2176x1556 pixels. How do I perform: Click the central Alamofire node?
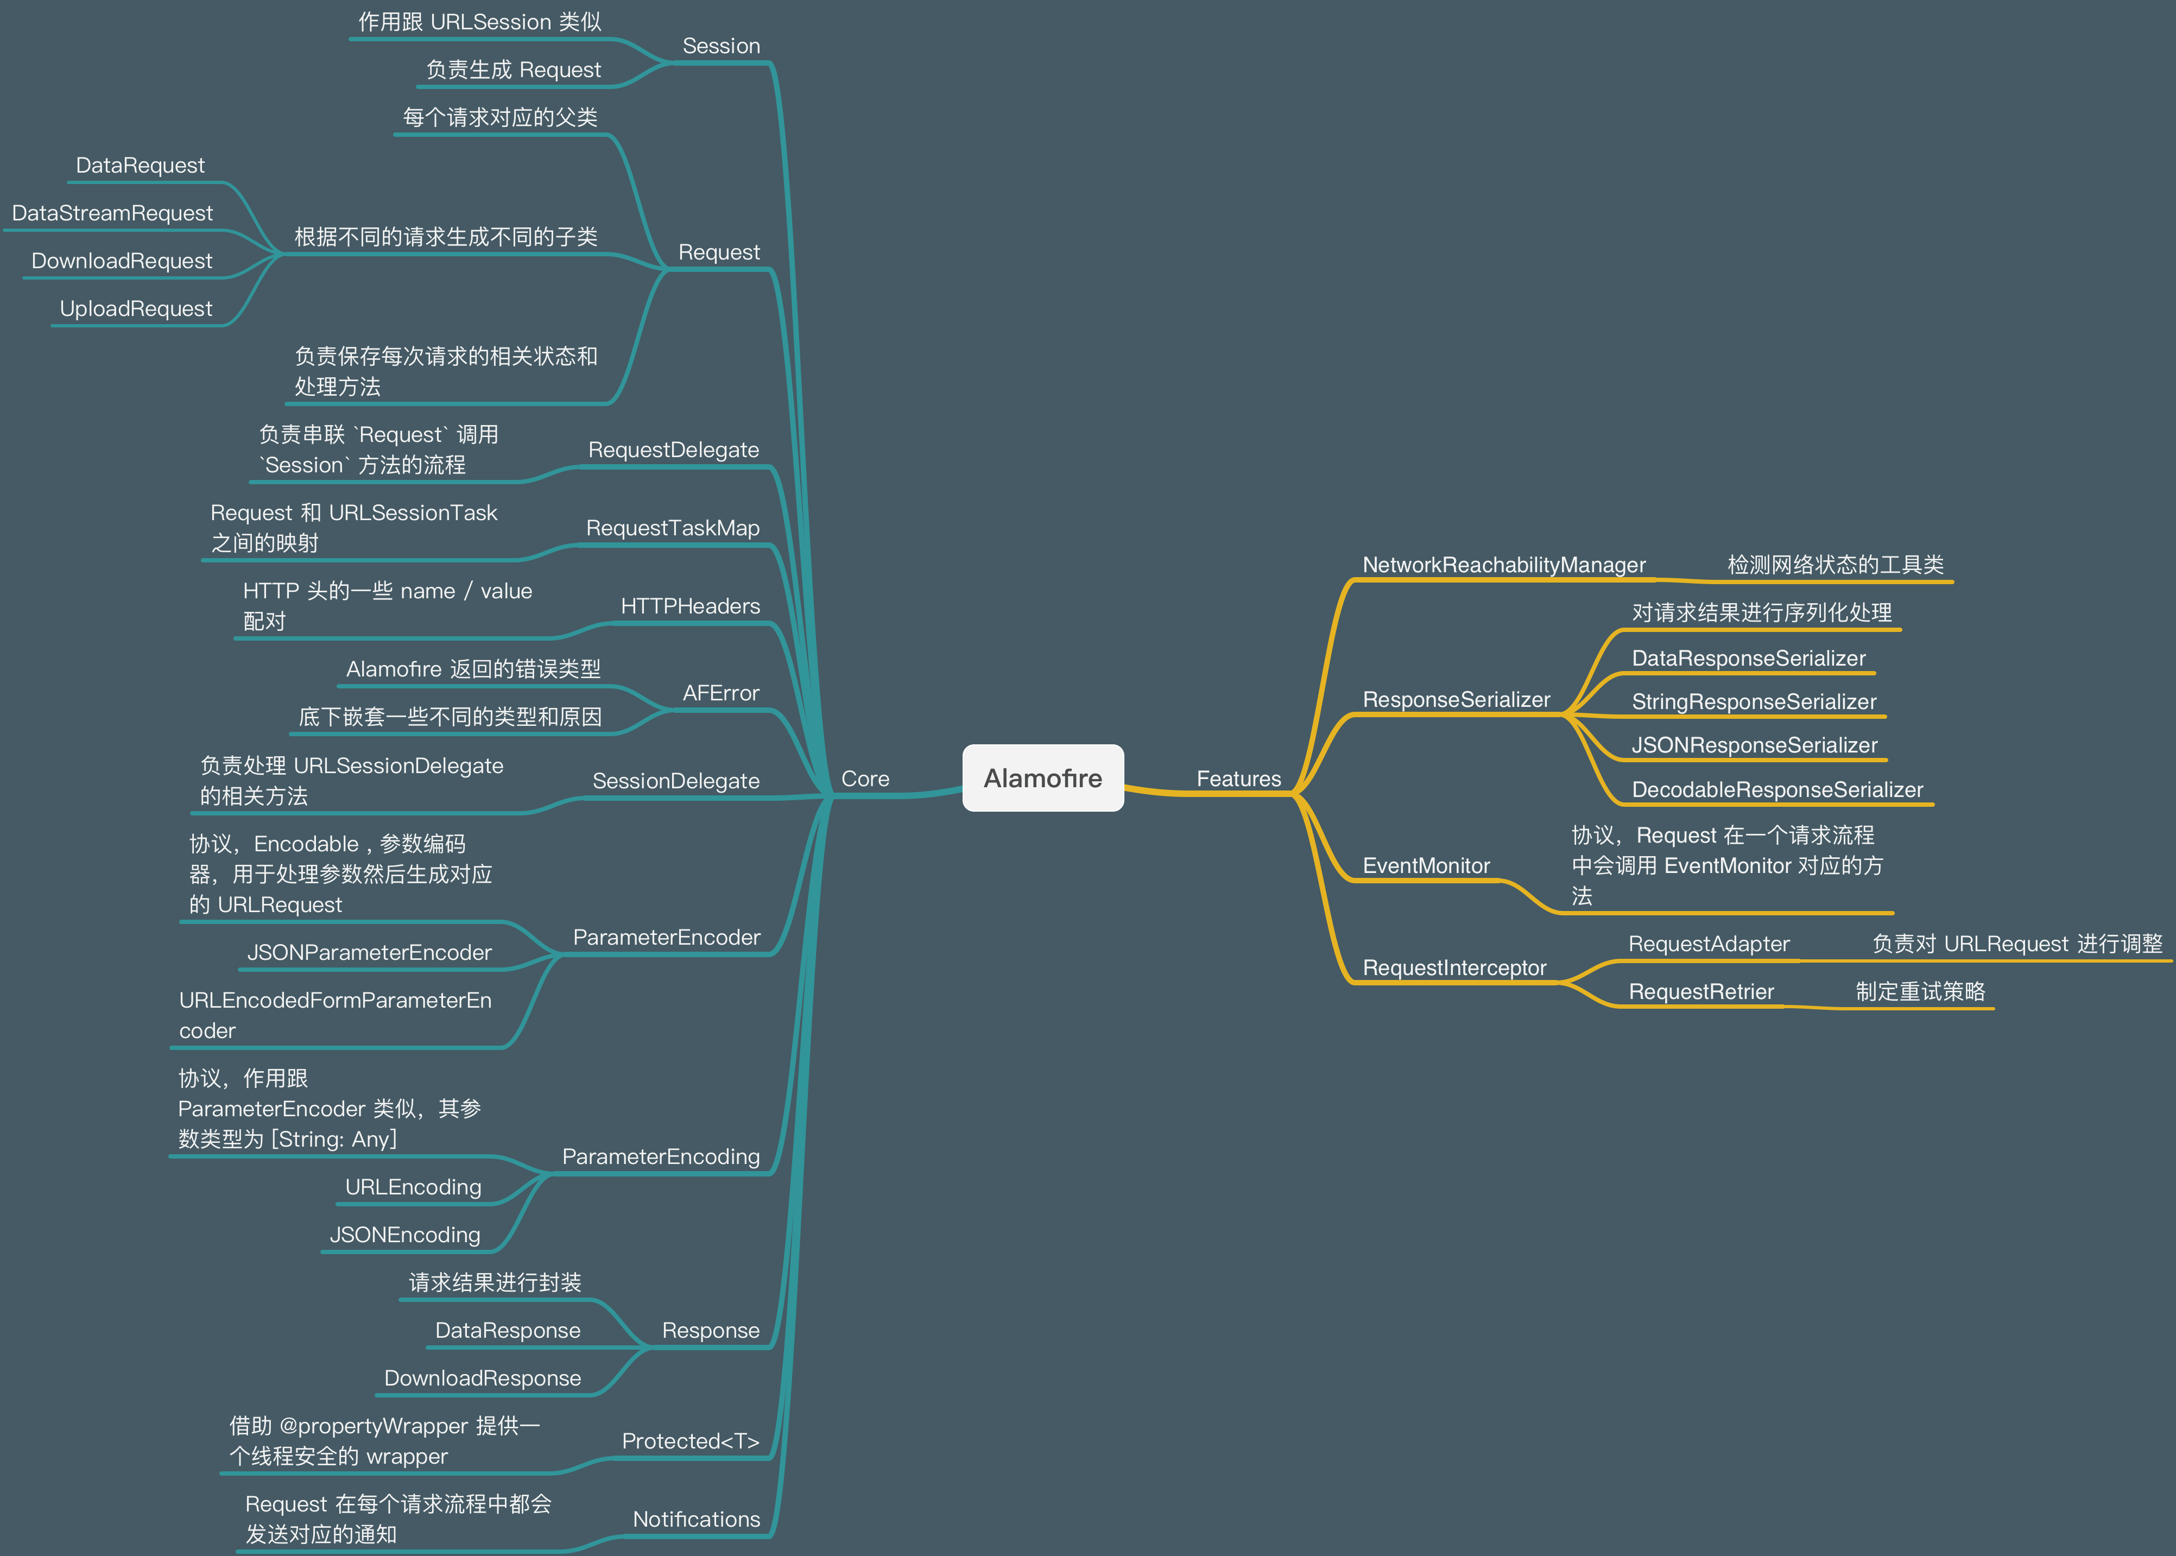(x=1042, y=778)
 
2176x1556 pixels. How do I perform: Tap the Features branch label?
(x=1238, y=779)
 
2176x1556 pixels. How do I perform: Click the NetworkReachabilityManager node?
(x=1503, y=565)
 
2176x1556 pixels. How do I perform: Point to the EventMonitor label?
(x=1426, y=866)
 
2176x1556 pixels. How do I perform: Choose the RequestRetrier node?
(x=1701, y=992)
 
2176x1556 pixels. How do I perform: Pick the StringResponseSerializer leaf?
(x=1754, y=703)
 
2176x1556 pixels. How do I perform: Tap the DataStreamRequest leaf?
(x=112, y=214)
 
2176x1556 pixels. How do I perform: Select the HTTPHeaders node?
(x=690, y=606)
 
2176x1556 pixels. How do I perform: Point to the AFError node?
(x=720, y=693)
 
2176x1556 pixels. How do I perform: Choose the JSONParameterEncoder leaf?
(x=369, y=952)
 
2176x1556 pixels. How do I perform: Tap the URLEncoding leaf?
(x=413, y=1187)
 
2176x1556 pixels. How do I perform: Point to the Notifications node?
(x=695, y=1520)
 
